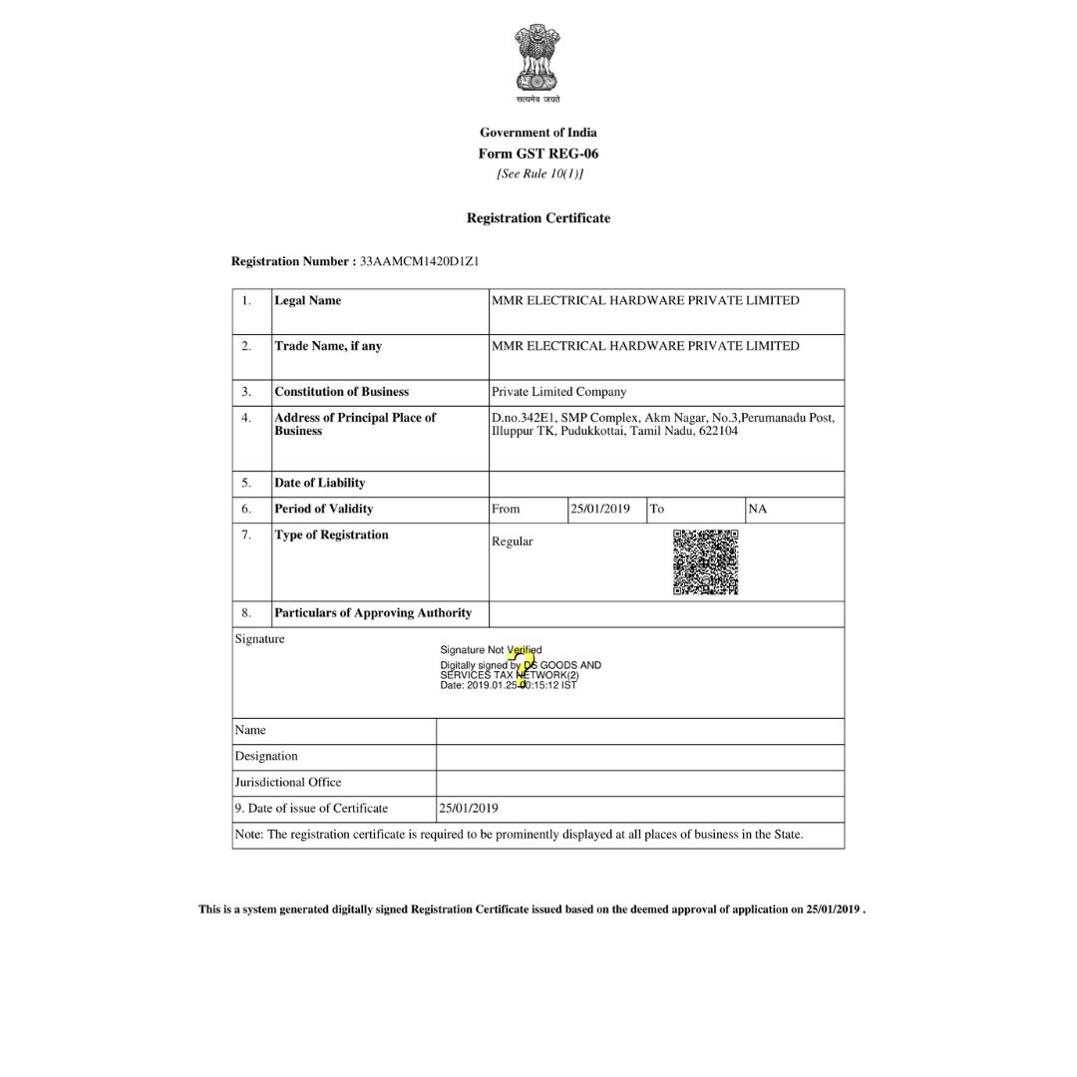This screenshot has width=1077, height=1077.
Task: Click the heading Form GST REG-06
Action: click(538, 154)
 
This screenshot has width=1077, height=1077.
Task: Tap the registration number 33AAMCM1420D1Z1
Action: click(420, 261)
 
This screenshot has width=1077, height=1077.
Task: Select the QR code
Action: click(706, 562)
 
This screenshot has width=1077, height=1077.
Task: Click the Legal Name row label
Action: click(308, 300)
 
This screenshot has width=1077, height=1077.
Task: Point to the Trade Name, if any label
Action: click(328, 346)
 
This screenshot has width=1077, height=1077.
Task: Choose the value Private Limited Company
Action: click(559, 392)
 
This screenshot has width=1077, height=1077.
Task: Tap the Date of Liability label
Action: click(320, 483)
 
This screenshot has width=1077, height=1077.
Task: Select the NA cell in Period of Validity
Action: click(758, 509)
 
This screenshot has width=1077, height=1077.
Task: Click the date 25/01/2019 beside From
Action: click(600, 509)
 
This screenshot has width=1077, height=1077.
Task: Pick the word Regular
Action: click(513, 541)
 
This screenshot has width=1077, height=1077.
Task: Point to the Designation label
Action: click(266, 756)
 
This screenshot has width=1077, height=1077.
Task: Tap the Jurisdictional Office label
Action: click(288, 782)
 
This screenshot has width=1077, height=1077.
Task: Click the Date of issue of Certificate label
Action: click(311, 808)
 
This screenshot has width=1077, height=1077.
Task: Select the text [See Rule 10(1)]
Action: click(539, 174)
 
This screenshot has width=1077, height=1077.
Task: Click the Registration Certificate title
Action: click(538, 217)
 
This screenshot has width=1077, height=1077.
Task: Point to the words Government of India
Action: click(538, 132)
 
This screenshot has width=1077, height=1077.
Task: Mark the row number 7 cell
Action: click(246, 535)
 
